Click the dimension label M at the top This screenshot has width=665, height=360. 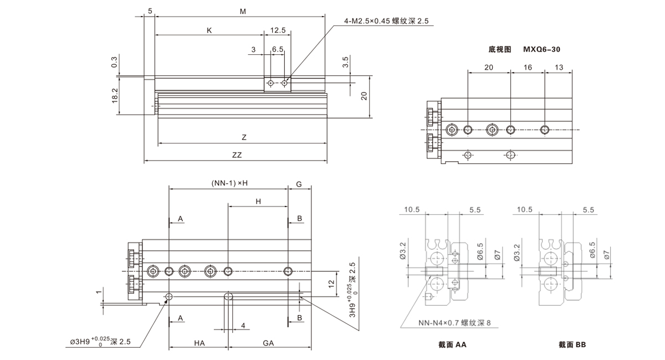click(x=243, y=11)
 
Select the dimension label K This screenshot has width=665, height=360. click(x=209, y=30)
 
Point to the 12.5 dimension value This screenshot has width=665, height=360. click(x=278, y=30)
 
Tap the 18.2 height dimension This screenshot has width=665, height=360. click(x=115, y=95)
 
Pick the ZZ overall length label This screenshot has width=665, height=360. click(x=237, y=155)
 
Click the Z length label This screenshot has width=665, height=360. click(x=244, y=137)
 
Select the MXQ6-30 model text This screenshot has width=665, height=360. click(x=541, y=49)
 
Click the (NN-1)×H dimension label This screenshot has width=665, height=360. click(x=229, y=183)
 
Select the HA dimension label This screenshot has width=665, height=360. click(x=199, y=343)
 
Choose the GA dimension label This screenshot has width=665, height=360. click(x=269, y=343)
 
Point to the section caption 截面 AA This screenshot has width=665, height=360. click(x=452, y=345)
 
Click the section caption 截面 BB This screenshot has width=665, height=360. click(x=572, y=345)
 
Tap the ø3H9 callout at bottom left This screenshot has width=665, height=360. click(x=99, y=341)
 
